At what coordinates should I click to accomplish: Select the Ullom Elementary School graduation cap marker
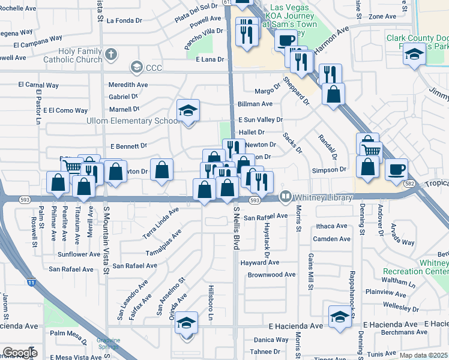click(x=188, y=110)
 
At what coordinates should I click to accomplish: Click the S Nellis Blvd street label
click(x=237, y=229)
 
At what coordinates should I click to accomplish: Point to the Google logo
click(x=19, y=353)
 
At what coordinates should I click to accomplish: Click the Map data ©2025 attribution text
click(x=423, y=355)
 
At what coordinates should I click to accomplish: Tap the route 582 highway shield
click(x=410, y=183)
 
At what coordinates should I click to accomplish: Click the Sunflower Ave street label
click(x=79, y=254)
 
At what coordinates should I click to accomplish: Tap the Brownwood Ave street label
click(x=272, y=275)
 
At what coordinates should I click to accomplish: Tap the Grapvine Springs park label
click(x=109, y=344)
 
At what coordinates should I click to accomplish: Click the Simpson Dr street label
click(x=330, y=170)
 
